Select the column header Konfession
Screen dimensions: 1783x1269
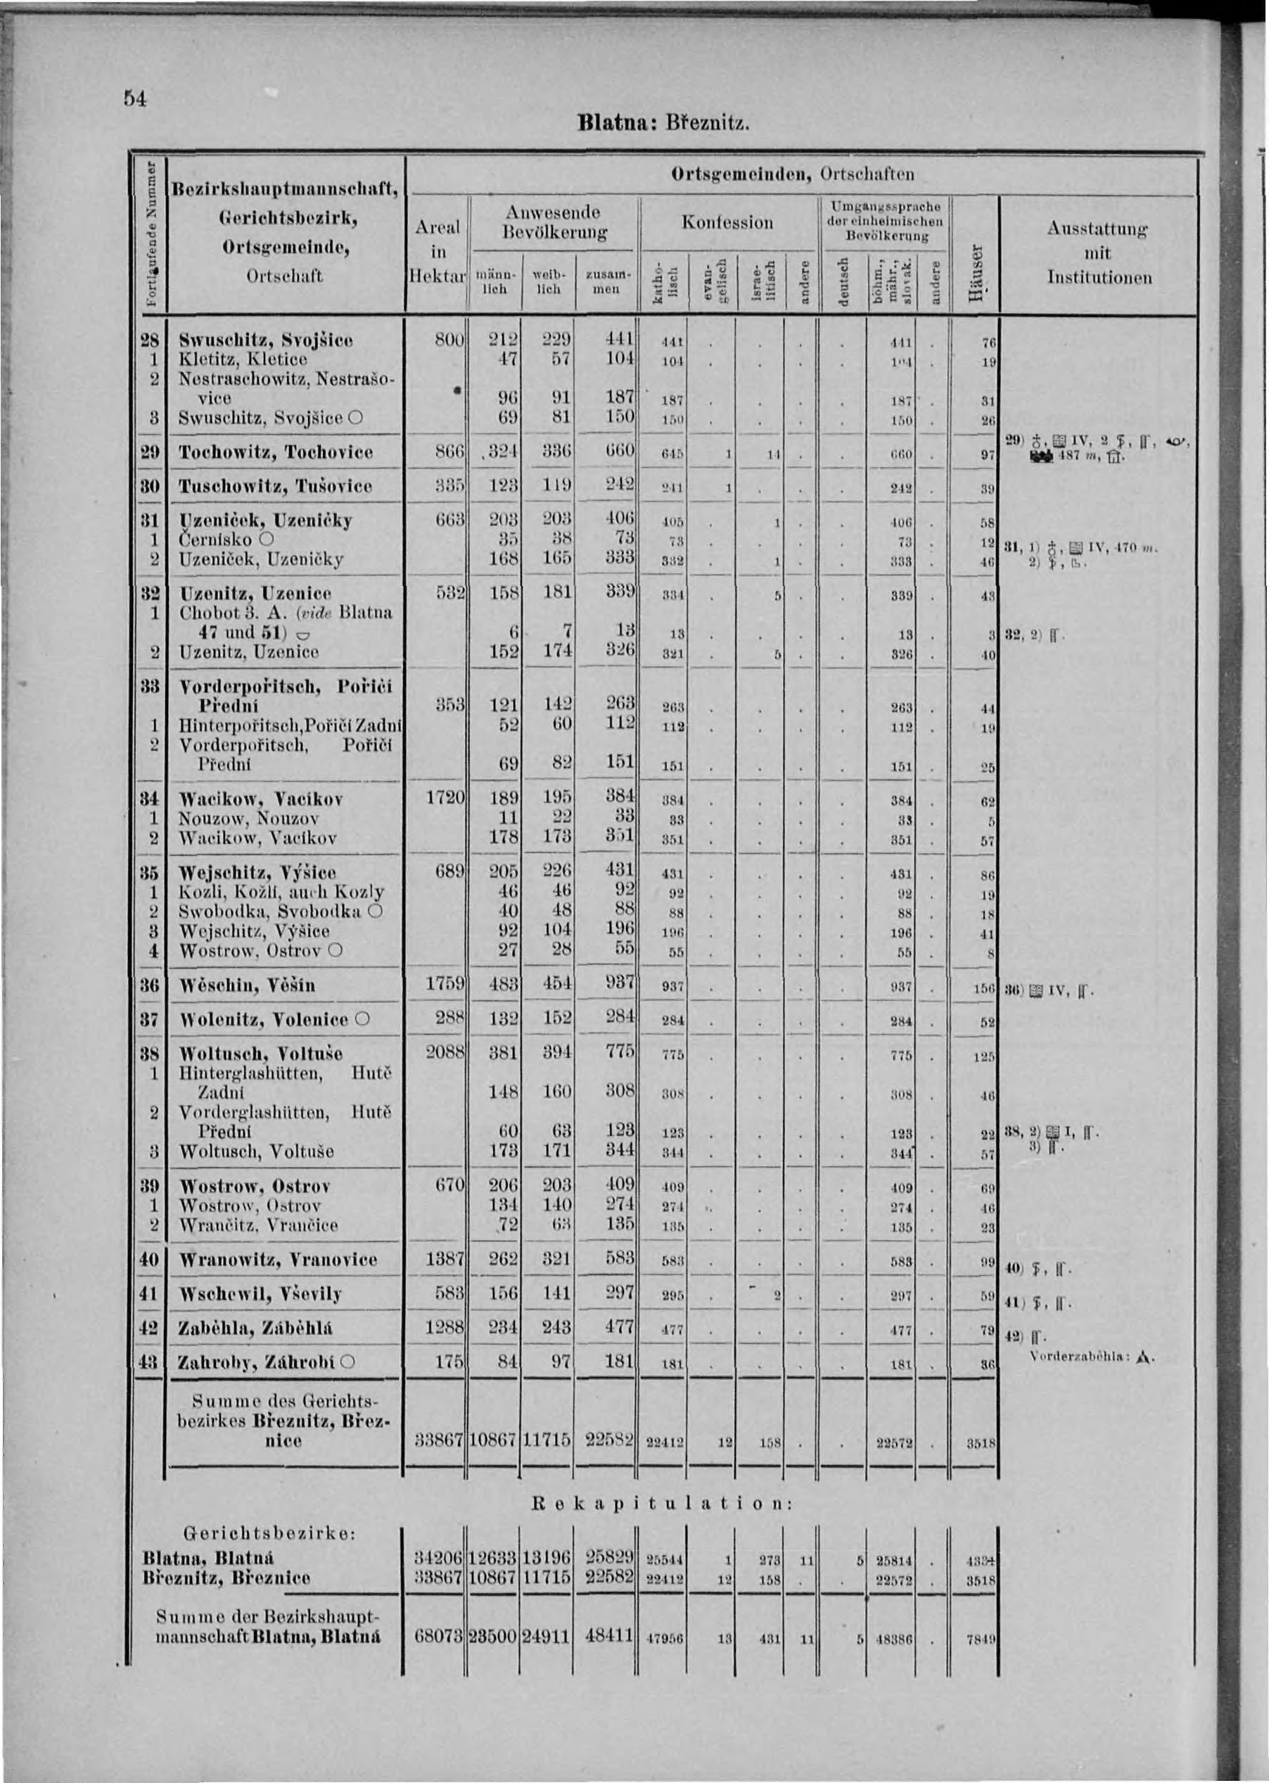pyautogui.click(x=727, y=223)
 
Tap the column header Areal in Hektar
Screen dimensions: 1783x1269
pyautogui.click(x=437, y=252)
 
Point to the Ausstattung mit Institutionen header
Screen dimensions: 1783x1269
pyautogui.click(x=1099, y=253)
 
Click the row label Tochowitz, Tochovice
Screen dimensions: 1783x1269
pyautogui.click(x=276, y=452)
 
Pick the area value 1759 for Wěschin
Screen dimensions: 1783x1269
pyautogui.click(x=445, y=985)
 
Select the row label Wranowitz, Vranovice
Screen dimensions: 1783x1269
pyautogui.click(x=278, y=1260)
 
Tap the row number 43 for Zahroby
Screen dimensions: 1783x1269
pyautogui.click(x=148, y=1362)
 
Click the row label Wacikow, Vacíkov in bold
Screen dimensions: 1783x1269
pyautogui.click(x=261, y=799)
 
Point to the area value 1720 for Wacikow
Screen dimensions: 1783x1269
pyautogui.click(x=445, y=798)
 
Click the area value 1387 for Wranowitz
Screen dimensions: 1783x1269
pyautogui.click(x=445, y=1260)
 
